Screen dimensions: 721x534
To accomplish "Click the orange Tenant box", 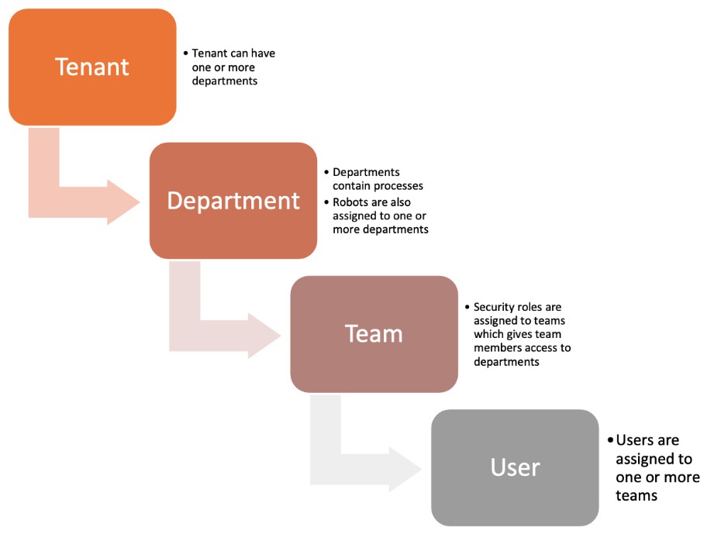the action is point(92,67).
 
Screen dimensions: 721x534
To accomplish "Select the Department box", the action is point(233,201).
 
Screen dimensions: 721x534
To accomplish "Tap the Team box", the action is point(374,334).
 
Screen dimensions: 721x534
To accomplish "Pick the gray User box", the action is point(515,468).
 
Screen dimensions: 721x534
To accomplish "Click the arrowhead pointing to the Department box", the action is point(123,202).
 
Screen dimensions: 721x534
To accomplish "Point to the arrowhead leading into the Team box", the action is point(264,336).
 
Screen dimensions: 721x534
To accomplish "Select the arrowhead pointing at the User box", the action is point(405,469).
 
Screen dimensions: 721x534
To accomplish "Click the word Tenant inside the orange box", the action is point(92,67).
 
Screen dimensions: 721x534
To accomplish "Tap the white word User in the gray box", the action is point(515,468).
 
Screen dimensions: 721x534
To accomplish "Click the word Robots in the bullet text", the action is point(349,202).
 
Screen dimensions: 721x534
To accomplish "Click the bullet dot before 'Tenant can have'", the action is point(186,53).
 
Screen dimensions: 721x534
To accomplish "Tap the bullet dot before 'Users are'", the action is point(611,440).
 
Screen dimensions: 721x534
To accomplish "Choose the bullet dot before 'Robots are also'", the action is point(326,202).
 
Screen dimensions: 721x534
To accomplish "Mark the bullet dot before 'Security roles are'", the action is point(467,306).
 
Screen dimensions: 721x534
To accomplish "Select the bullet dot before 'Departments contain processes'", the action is point(326,172).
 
